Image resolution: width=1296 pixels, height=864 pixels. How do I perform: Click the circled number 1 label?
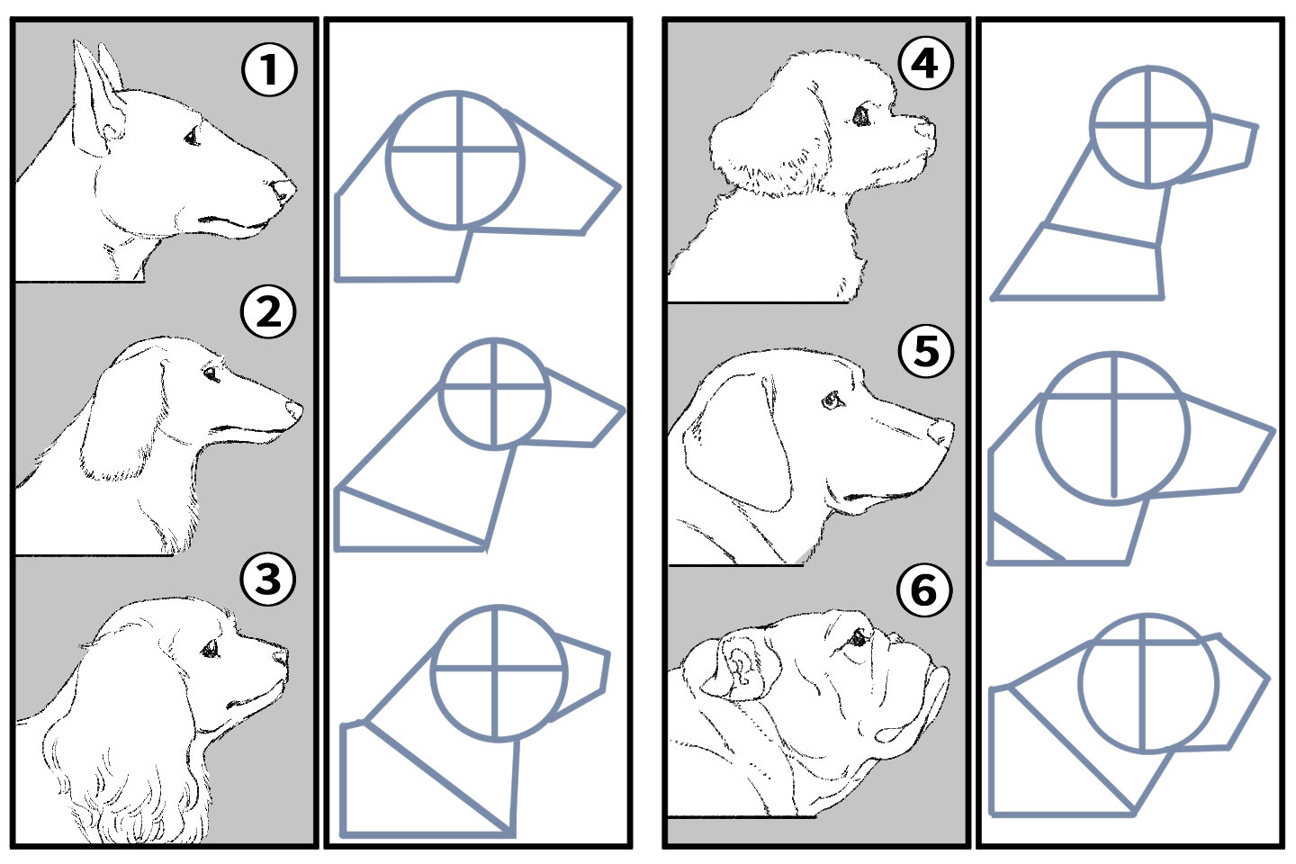[268, 70]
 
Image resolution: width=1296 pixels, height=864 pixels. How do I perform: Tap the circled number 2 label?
[268, 311]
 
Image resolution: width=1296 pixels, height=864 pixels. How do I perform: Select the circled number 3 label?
[268, 578]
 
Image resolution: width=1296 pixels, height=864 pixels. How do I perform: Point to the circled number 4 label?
[924, 64]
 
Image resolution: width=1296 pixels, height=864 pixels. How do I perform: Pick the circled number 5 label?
[926, 350]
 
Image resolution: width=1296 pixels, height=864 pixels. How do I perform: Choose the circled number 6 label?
[923, 590]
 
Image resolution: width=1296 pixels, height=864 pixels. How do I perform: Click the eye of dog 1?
[192, 137]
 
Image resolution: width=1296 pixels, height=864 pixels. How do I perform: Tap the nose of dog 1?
[283, 191]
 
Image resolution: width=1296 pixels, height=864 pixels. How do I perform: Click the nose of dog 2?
[294, 409]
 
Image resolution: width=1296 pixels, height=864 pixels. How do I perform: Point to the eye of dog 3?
[211, 647]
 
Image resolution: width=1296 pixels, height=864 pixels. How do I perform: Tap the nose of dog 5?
[940, 432]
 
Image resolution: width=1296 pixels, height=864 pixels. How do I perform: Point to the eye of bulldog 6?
[859, 638]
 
